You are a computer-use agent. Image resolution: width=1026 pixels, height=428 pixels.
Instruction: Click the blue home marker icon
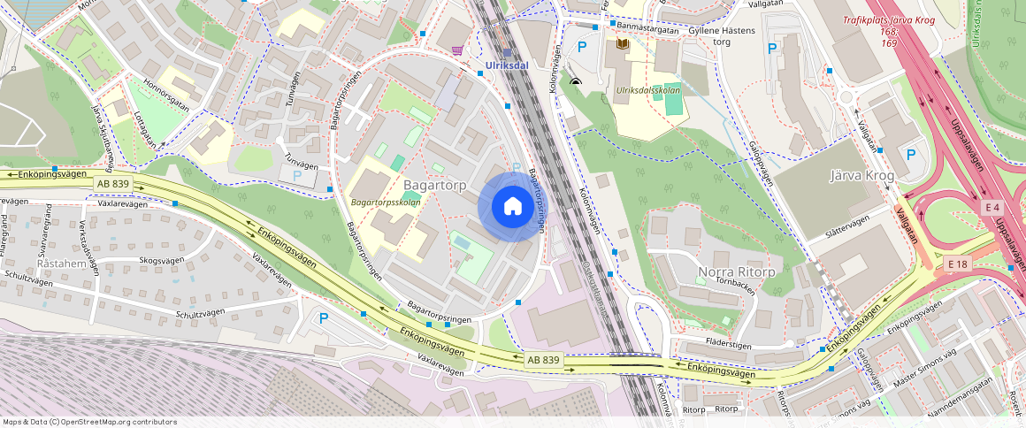click(513, 207)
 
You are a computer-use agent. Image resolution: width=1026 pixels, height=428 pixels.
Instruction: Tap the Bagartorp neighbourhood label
click(434, 185)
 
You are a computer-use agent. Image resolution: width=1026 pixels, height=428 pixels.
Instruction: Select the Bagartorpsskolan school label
click(385, 203)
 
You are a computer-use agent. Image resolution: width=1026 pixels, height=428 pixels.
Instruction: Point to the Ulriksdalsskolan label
click(647, 89)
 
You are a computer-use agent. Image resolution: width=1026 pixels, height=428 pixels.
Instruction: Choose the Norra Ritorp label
click(737, 271)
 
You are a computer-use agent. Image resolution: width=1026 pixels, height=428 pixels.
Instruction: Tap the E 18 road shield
click(958, 264)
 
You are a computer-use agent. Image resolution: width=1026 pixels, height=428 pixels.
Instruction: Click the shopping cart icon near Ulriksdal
click(457, 50)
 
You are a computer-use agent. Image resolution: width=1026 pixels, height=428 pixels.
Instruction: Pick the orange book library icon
click(623, 43)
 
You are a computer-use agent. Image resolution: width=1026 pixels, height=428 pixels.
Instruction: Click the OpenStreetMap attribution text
click(90, 422)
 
